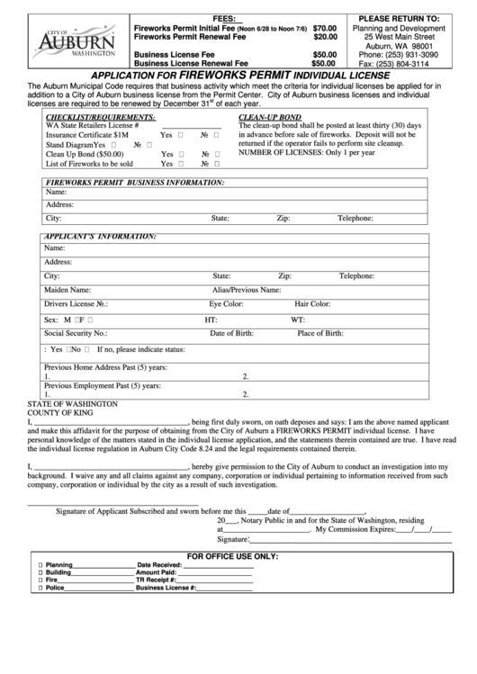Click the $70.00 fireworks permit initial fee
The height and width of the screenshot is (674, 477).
[324, 29]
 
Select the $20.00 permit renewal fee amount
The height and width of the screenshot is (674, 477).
[324, 38]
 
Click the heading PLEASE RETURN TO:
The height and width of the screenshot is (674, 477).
[399, 18]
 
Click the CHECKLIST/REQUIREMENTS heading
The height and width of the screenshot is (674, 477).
[89, 117]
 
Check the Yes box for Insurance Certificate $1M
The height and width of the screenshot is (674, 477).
[181, 134]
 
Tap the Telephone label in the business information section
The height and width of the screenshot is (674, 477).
[355, 218]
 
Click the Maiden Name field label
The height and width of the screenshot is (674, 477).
[67, 291]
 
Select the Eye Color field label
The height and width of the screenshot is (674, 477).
[227, 304]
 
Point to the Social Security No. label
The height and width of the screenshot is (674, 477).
[76, 333]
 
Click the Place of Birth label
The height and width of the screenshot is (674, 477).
[320, 333]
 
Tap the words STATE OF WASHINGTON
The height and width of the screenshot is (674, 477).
[73, 404]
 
